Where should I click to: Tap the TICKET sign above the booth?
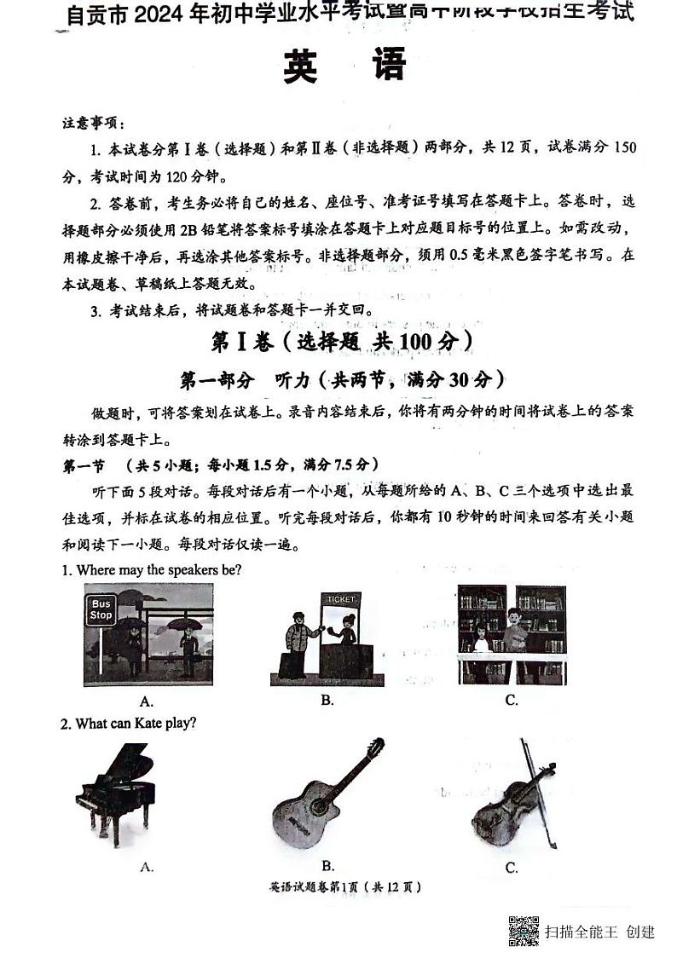[x=339, y=599]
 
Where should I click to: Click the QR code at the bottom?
[x=524, y=930]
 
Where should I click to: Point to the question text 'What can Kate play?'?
[x=136, y=724]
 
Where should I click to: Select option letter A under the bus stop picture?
[x=147, y=701]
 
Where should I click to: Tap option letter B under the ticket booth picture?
[x=327, y=700]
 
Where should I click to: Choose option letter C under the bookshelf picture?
[x=512, y=701]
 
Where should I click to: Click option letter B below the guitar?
[x=327, y=865]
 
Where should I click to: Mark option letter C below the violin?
[x=512, y=868]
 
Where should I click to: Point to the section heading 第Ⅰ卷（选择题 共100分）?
[x=341, y=342]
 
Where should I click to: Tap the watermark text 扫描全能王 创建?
[x=600, y=931]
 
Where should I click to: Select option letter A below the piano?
[x=147, y=867]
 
